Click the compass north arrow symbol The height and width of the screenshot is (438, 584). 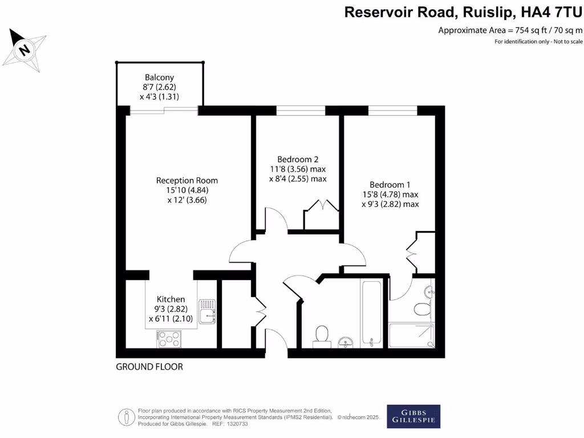[24, 49]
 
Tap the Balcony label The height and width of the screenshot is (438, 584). [159, 78]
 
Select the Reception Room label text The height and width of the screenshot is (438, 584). [187, 180]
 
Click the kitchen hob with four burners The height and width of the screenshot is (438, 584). [168, 340]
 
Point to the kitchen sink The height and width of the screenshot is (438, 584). [207, 312]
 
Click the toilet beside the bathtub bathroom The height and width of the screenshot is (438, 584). [322, 335]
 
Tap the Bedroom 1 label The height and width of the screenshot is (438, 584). [390, 184]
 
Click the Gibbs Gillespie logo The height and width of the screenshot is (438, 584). [413, 416]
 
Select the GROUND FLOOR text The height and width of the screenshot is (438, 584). [149, 367]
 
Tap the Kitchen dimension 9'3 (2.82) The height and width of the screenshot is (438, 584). [171, 309]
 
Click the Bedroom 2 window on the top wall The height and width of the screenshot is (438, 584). [301, 111]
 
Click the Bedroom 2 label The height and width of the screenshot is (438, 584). [297, 159]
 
